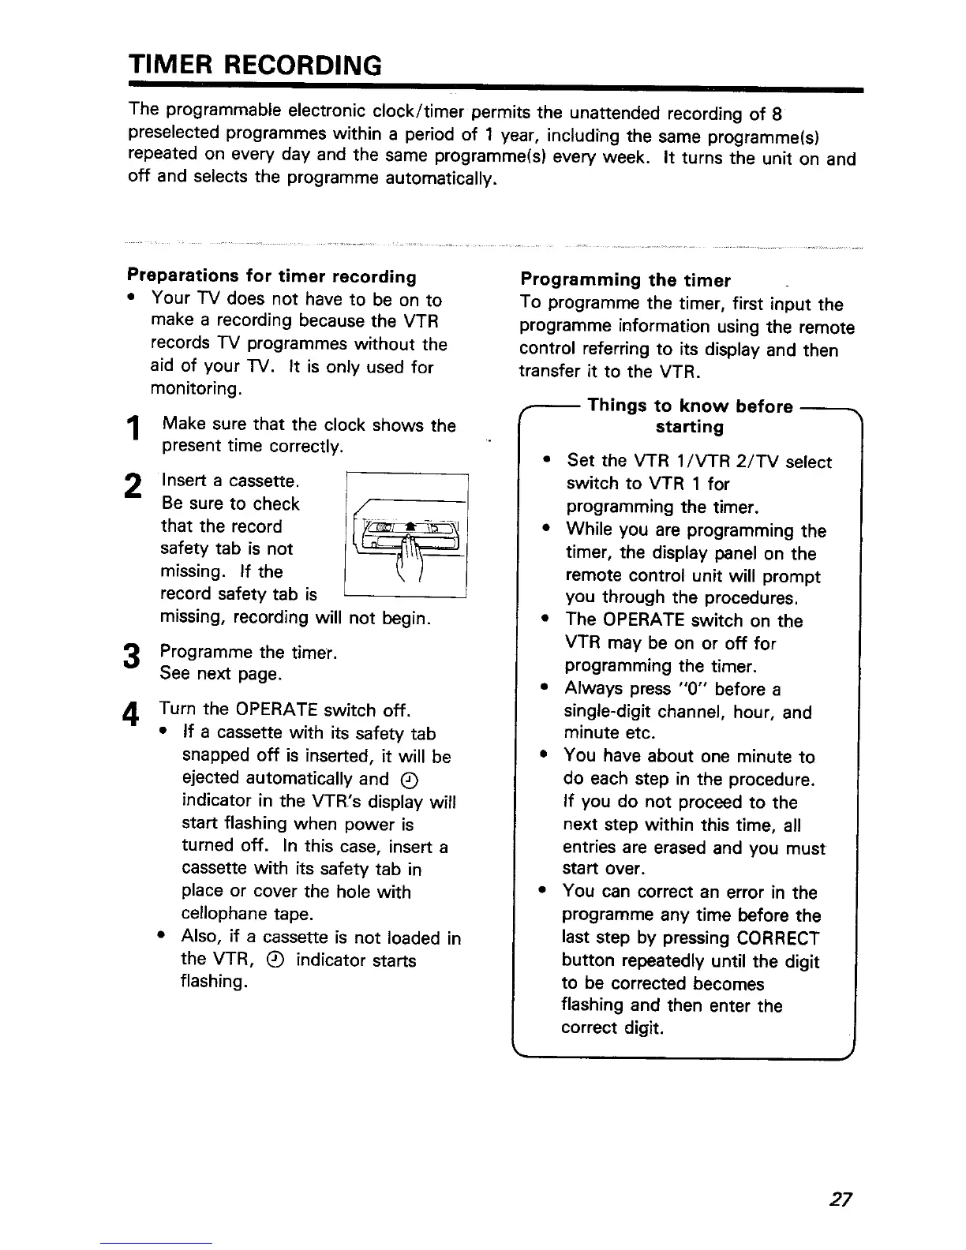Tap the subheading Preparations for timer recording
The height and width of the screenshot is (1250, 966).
pos(271,276)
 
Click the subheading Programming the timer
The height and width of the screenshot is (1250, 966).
pos(625,280)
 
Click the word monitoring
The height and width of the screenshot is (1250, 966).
pos(196,389)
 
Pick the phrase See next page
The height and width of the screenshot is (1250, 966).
pos(220,675)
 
